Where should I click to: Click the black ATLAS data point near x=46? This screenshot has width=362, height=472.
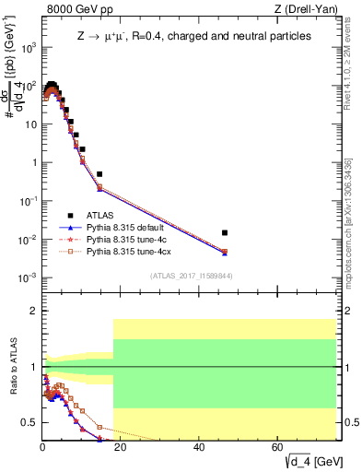tap(225, 232)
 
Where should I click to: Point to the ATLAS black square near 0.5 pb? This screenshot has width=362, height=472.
tap(99, 173)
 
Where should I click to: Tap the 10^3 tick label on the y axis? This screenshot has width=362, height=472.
tap(27, 48)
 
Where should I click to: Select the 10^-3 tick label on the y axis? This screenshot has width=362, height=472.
tap(27, 277)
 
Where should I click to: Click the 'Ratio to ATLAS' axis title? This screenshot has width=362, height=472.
tap(11, 368)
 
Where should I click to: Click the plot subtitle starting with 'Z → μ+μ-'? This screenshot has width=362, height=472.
tap(193, 35)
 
